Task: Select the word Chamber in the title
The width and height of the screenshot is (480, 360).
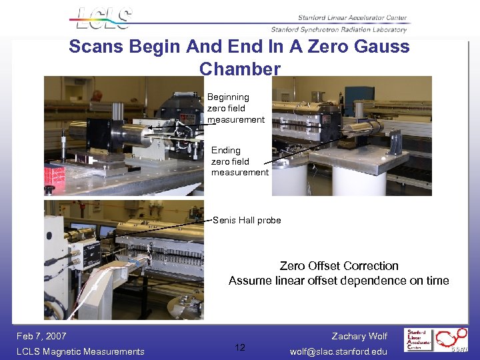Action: point(240,69)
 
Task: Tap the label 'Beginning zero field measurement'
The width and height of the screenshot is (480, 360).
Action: point(235,108)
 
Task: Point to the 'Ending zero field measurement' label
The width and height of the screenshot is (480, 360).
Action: point(239,161)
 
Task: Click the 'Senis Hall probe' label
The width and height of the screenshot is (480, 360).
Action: point(247,221)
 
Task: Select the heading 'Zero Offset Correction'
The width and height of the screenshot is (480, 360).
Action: point(339,266)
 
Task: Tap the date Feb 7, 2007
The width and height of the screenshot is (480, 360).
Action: point(41,336)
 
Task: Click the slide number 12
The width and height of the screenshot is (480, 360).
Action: point(240,347)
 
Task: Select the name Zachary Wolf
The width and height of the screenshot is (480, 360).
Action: point(359,336)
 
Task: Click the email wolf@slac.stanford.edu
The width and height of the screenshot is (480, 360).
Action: point(339,351)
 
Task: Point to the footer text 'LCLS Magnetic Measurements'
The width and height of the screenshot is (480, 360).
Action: point(81,351)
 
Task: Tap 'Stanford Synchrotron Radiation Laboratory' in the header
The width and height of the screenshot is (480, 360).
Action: point(339,29)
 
